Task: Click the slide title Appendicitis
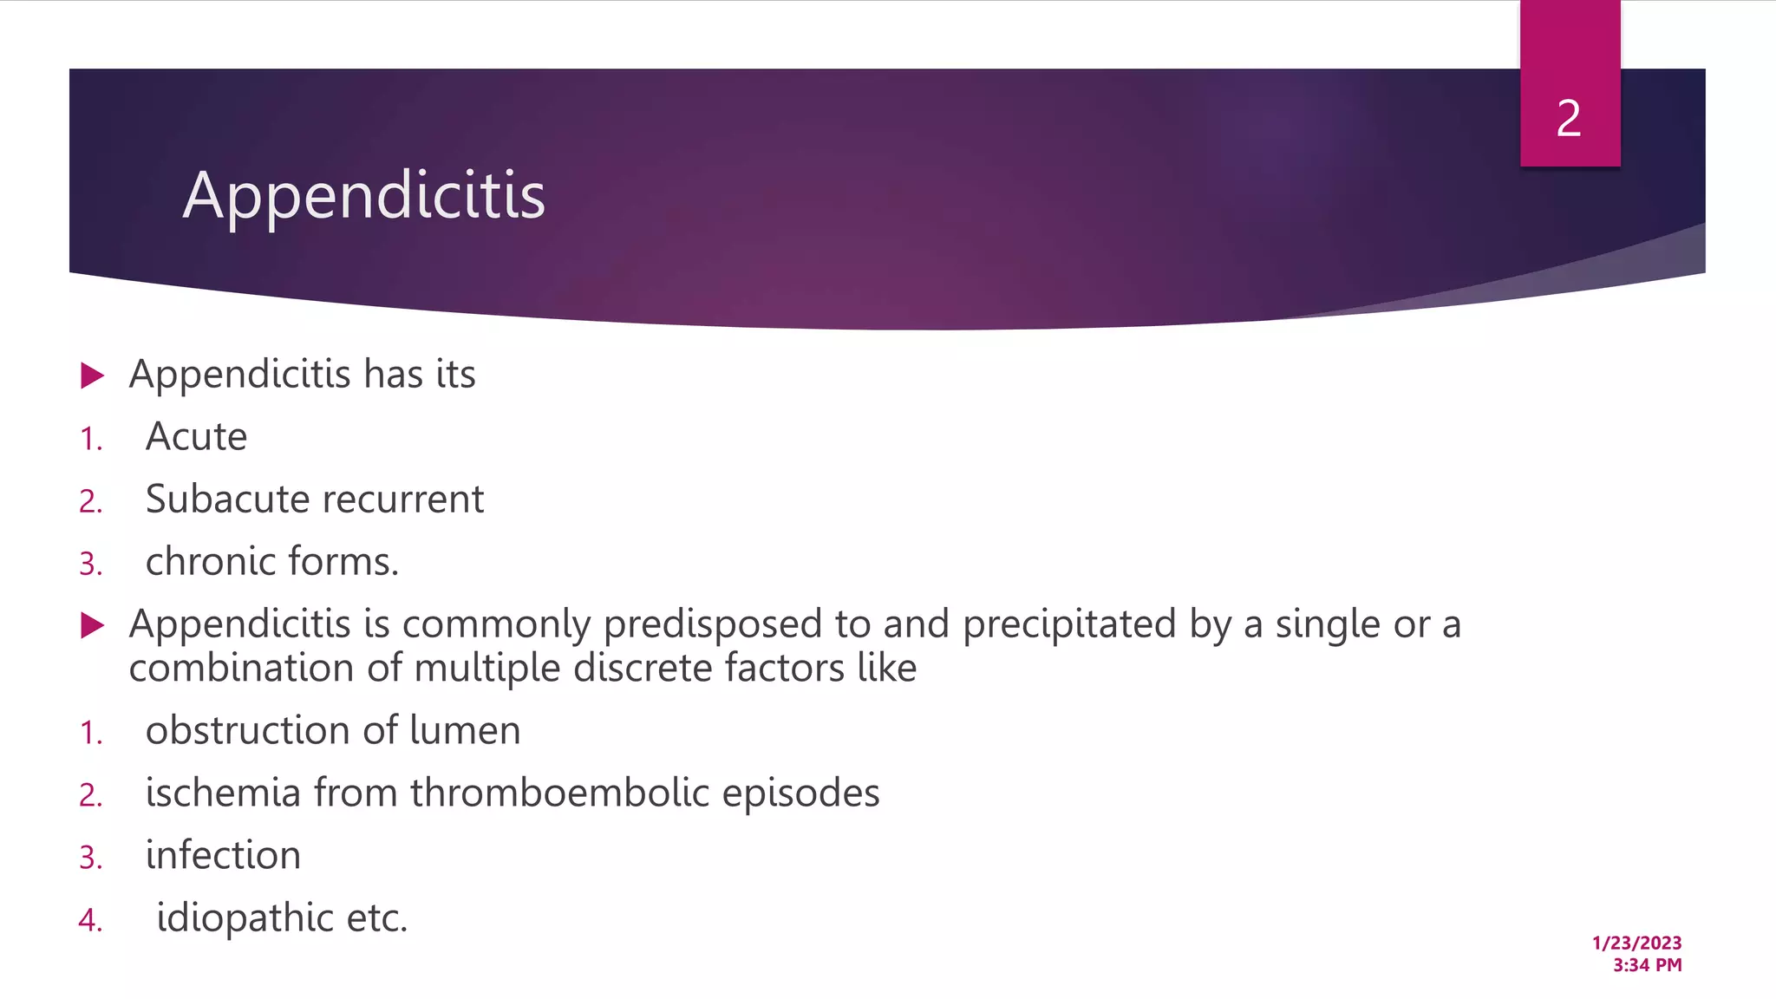(x=364, y=196)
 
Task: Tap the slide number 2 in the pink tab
(x=1569, y=119)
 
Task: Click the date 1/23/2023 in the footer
(x=1636, y=943)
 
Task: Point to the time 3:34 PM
(x=1647, y=965)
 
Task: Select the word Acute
(x=196, y=436)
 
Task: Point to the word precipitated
(x=1068, y=625)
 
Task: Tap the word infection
(x=223, y=856)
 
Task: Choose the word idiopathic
(x=245, y=918)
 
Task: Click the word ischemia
(x=223, y=793)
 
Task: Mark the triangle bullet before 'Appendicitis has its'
(x=92, y=375)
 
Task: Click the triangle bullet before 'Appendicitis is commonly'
(x=92, y=625)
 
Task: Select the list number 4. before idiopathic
(x=90, y=920)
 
